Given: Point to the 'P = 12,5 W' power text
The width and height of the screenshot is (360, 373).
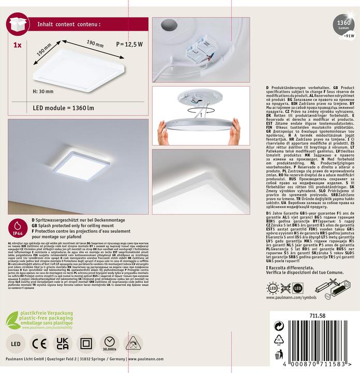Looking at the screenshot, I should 129,44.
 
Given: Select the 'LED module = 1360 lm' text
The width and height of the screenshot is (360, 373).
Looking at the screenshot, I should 63,108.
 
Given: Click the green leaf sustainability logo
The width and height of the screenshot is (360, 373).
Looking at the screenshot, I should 13,320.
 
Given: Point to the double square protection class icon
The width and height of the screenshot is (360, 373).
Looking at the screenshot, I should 86,343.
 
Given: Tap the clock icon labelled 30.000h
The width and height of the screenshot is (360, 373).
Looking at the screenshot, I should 110,342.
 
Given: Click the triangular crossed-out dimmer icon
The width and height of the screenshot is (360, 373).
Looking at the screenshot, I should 134,343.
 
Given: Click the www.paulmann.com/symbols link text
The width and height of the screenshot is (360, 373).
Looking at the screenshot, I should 284,298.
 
